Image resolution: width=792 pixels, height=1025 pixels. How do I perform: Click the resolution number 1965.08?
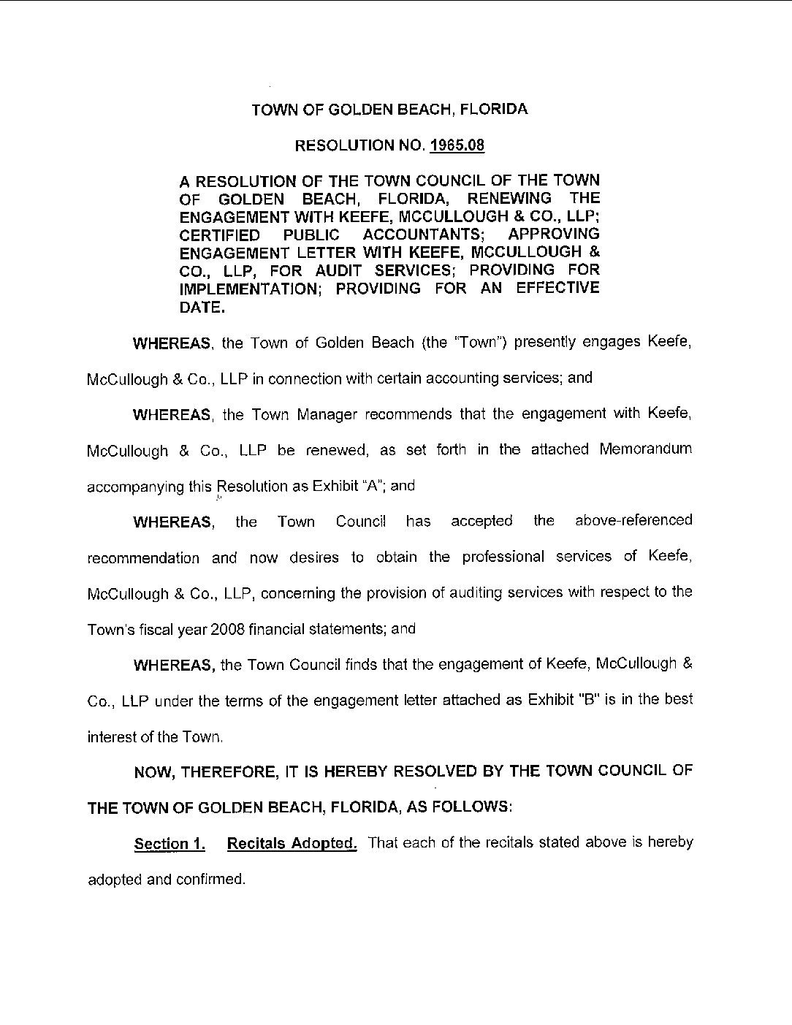457,145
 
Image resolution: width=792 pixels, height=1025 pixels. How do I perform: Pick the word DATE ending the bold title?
201,306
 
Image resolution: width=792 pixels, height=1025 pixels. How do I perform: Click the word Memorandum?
645,449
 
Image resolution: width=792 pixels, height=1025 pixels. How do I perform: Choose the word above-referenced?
633,520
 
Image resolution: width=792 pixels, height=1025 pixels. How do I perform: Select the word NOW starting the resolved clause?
152,771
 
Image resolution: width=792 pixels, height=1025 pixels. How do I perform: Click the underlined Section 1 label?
170,844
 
